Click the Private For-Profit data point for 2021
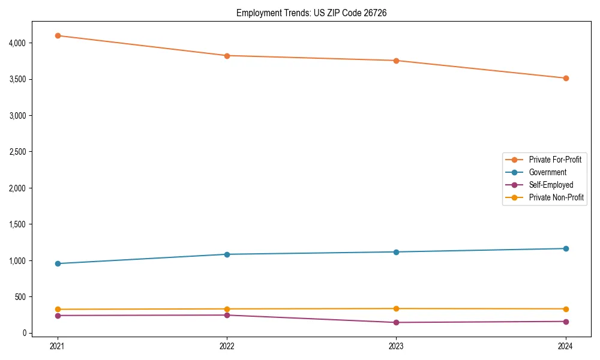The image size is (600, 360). pyautogui.click(x=58, y=35)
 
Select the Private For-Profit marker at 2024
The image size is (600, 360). pyautogui.click(x=565, y=78)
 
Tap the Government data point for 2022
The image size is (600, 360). pyautogui.click(x=227, y=254)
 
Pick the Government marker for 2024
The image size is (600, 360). pyautogui.click(x=565, y=248)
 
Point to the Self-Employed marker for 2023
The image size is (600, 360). pyautogui.click(x=396, y=322)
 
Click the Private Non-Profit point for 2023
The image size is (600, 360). pyautogui.click(x=396, y=308)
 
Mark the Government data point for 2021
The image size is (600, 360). pyautogui.click(x=58, y=263)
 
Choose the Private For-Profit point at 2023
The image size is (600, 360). pyautogui.click(x=396, y=61)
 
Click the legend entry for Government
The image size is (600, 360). pyautogui.click(x=547, y=172)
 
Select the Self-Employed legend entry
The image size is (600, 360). pyautogui.click(x=551, y=185)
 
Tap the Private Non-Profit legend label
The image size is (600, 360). pyautogui.click(x=556, y=197)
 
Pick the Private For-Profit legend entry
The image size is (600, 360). pyautogui.click(x=555, y=160)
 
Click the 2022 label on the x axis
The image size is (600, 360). pyautogui.click(x=227, y=346)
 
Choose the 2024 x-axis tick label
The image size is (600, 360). pyautogui.click(x=565, y=346)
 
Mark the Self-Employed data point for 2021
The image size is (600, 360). pyautogui.click(x=58, y=316)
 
